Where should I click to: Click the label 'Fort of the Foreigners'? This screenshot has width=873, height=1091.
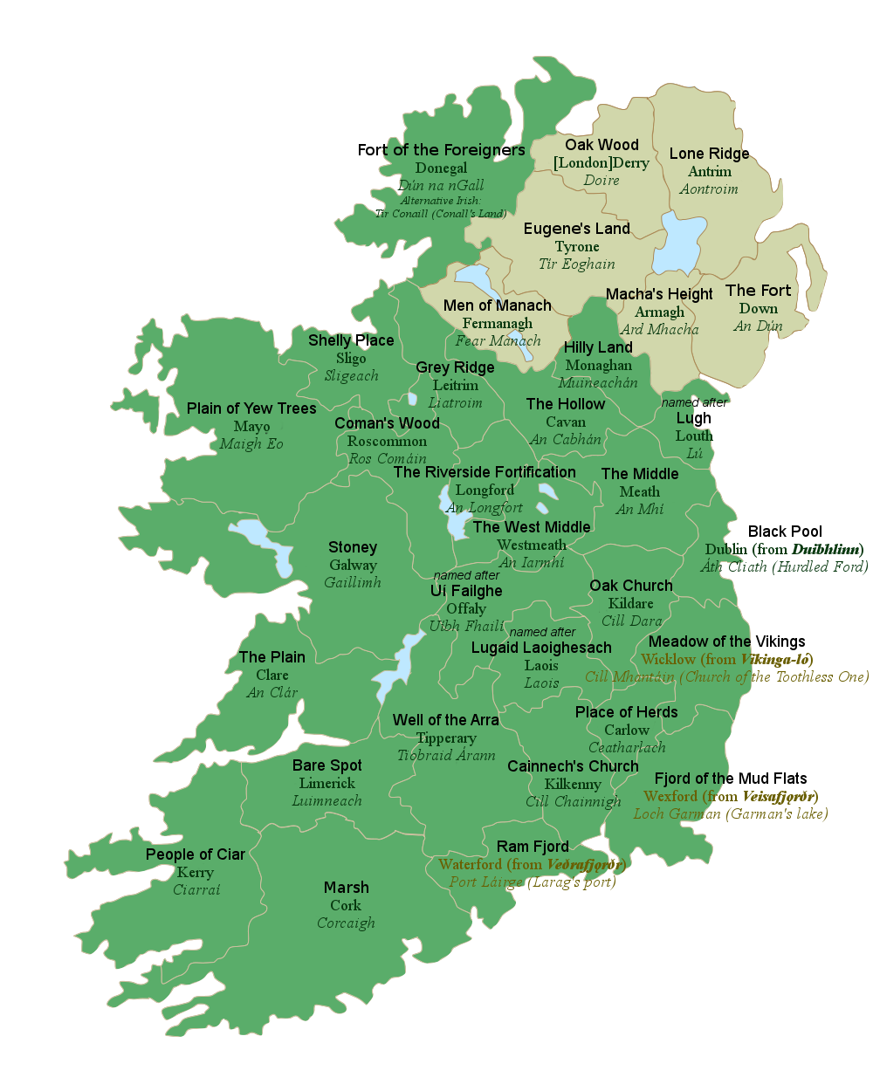point(441,150)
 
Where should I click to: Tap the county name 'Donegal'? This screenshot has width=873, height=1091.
point(441,168)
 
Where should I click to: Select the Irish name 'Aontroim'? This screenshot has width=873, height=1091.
point(709,189)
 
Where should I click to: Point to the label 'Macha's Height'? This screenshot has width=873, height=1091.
point(659,294)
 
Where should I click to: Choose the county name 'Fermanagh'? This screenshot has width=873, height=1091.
point(498,323)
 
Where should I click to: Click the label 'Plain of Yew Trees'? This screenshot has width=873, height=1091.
point(251,408)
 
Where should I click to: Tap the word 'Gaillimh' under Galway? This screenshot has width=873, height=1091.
point(353,582)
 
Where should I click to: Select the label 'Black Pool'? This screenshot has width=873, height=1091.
point(785,532)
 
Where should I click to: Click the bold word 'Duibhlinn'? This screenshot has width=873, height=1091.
point(826,549)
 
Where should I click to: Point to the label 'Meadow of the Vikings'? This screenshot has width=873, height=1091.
point(726,642)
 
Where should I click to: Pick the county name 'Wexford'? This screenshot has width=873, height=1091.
point(670,796)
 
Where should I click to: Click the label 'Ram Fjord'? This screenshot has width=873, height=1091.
point(533,847)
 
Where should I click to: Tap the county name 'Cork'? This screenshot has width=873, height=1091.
point(346,905)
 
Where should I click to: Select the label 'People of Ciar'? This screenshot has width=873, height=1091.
point(196,854)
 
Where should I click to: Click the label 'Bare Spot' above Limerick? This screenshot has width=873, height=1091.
point(327,765)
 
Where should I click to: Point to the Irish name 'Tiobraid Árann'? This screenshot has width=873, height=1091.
point(446,756)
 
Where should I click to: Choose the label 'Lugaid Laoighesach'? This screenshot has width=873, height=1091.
point(541,648)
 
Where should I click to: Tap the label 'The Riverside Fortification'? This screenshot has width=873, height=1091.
point(485,472)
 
